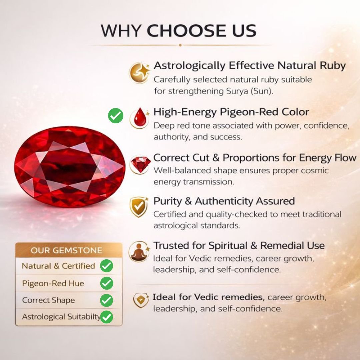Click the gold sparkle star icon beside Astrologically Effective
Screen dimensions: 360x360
(x=139, y=73)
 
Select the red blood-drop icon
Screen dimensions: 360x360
(x=140, y=118)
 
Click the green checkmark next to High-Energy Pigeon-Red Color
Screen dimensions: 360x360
(x=115, y=115)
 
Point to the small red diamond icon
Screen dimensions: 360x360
(x=140, y=164)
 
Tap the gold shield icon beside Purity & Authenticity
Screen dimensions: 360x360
(x=139, y=207)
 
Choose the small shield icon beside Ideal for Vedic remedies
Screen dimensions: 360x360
(x=141, y=300)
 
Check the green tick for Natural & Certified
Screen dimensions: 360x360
(x=107, y=266)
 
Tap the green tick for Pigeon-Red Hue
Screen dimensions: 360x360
(x=107, y=283)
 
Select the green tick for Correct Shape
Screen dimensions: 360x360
(x=107, y=300)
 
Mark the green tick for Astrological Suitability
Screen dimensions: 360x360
(x=107, y=317)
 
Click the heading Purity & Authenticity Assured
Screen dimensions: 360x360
(x=224, y=201)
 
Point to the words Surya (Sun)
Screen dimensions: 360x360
(x=250, y=91)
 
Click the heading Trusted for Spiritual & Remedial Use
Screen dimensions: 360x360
(x=239, y=245)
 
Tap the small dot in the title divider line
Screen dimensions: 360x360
(x=180, y=45)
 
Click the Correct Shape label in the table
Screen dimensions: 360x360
(x=48, y=300)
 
